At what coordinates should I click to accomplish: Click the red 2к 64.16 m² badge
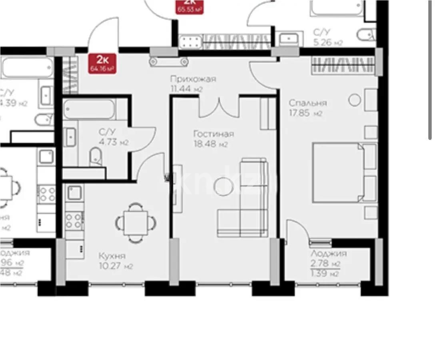[x=103, y=64]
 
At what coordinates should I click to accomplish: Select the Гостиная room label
[x=213, y=134]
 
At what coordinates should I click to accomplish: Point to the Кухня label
[x=112, y=256]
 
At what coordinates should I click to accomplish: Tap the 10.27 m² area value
[x=116, y=266]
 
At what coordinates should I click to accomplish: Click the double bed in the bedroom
[x=344, y=172]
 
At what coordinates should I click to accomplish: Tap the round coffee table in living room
[x=221, y=187]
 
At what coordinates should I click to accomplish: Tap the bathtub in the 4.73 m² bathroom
[x=89, y=109]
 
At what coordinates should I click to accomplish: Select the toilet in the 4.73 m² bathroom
[x=96, y=156]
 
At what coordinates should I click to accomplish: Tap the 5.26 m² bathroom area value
[x=327, y=42]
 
